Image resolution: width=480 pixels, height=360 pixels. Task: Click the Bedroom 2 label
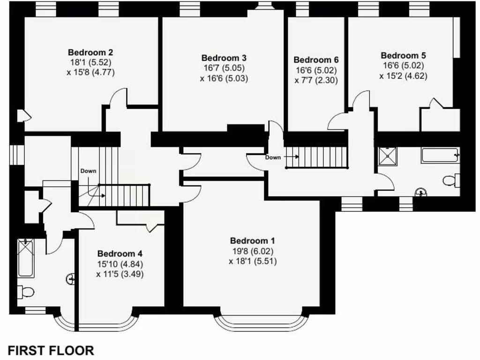point(90,52)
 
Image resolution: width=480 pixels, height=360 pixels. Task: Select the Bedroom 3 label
point(224,58)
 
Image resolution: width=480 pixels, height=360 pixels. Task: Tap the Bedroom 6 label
point(316,60)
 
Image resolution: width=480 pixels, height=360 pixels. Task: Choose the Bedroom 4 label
point(120,254)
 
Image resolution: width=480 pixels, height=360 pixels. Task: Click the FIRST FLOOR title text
point(51,350)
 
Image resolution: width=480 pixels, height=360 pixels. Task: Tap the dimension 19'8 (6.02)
point(253,251)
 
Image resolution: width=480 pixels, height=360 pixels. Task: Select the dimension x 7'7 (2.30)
point(316,80)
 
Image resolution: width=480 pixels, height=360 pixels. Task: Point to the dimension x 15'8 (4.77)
point(90,72)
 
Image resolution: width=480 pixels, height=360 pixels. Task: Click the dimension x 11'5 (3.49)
point(120,274)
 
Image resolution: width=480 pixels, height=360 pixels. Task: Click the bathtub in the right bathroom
point(439,155)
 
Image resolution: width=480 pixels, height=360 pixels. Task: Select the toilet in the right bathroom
point(451,180)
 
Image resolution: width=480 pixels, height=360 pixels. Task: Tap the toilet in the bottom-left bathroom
point(25,292)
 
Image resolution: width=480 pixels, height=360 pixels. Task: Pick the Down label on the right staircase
point(273,157)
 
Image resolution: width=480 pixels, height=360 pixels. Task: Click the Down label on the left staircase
point(88,171)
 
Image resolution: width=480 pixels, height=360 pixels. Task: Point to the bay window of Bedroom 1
point(262,323)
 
